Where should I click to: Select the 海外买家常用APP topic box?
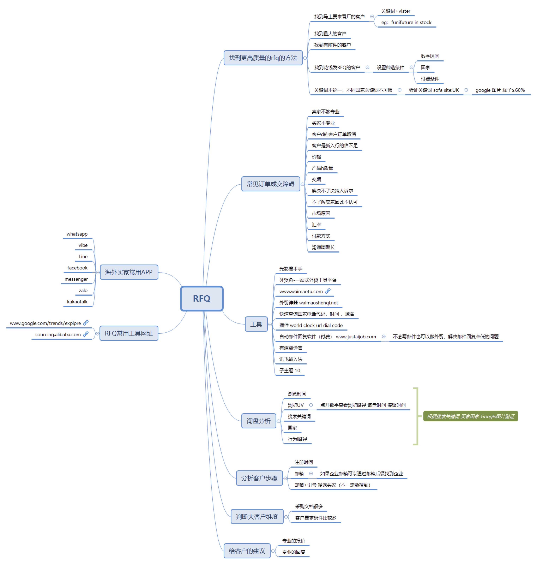129,272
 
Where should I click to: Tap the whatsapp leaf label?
77,234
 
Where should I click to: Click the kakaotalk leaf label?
77,301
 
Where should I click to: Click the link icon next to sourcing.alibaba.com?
86,334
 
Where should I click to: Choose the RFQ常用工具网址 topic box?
129,333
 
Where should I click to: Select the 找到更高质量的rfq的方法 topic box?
263,58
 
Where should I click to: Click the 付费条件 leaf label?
430,79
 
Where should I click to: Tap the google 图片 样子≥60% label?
500,90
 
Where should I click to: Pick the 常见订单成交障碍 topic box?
270,184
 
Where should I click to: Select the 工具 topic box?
256,324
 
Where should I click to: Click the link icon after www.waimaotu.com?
328,291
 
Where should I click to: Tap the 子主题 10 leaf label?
290,370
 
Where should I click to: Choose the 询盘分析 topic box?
258,421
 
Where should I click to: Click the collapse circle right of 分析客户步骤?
285,478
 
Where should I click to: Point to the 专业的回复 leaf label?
294,552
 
